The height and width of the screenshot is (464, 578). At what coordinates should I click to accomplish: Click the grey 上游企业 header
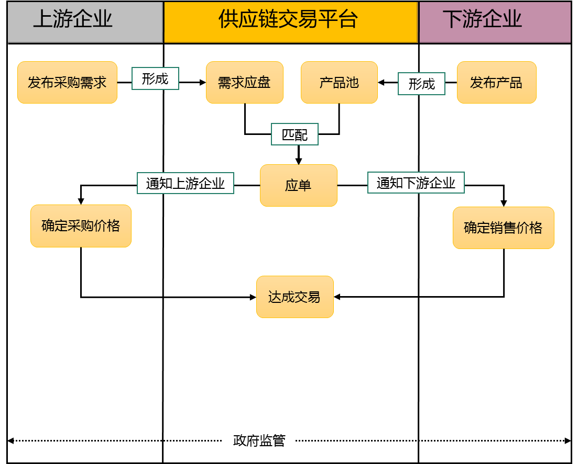click(85, 21)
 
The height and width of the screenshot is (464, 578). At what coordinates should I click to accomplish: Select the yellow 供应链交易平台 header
click(291, 21)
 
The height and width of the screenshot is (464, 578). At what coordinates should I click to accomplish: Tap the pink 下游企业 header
click(494, 21)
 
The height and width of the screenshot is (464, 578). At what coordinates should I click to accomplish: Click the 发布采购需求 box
click(67, 83)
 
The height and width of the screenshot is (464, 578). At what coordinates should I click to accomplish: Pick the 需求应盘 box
click(244, 83)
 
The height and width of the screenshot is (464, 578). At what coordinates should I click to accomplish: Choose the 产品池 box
click(339, 83)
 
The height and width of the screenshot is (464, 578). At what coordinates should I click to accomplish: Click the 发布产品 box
click(496, 83)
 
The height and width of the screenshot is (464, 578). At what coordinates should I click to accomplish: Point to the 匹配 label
click(295, 134)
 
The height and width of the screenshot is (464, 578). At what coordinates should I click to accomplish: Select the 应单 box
click(298, 186)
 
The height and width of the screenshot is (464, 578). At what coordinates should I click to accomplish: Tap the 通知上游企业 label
click(185, 184)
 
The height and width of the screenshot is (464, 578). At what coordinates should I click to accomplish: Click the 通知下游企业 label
click(416, 183)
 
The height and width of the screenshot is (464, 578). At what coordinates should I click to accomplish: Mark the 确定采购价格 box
click(81, 226)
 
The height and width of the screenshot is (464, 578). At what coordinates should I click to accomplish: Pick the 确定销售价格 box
click(503, 228)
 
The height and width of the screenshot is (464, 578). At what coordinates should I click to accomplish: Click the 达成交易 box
click(295, 297)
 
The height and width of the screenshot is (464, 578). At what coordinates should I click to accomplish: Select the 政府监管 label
click(259, 440)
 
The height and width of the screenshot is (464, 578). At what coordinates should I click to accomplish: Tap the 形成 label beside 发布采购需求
click(155, 79)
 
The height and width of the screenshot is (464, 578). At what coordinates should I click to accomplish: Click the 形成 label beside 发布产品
click(421, 84)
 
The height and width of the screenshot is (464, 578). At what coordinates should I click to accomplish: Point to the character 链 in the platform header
click(270, 19)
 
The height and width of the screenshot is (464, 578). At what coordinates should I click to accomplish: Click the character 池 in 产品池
click(352, 83)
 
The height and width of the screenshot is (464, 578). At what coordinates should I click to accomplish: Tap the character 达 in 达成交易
click(275, 297)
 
